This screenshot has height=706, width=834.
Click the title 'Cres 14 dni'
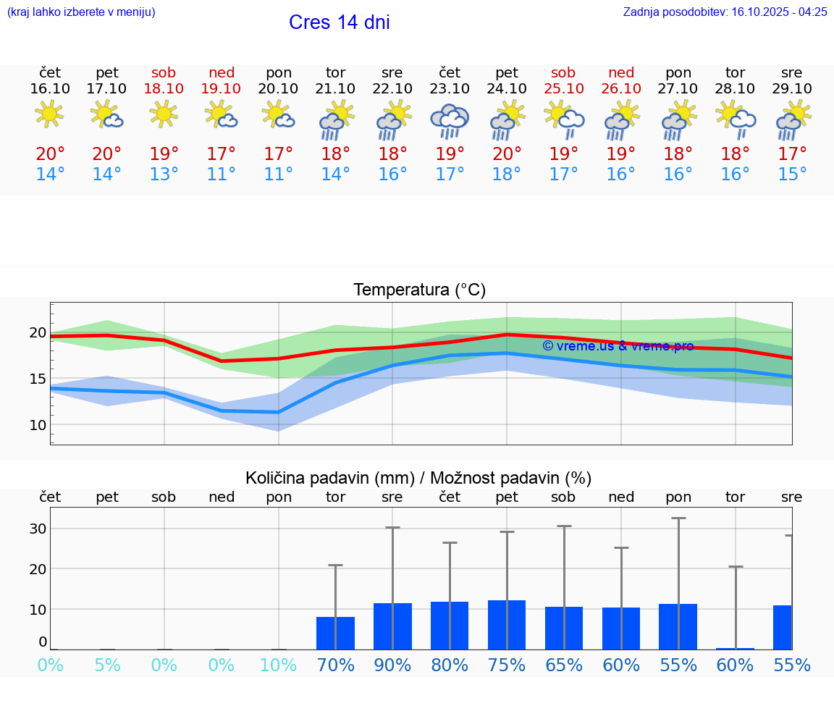(x=339, y=22)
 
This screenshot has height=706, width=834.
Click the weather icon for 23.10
(x=450, y=120)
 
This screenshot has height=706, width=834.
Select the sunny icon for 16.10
(x=49, y=114)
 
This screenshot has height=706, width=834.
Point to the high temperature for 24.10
(x=507, y=154)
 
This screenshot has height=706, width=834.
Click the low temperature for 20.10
(x=279, y=175)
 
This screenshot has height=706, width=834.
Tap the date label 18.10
(x=164, y=88)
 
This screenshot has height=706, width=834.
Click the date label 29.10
(x=792, y=88)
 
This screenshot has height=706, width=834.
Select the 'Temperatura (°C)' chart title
(x=419, y=290)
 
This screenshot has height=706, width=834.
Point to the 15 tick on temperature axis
(x=38, y=379)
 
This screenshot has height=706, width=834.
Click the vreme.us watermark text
(x=618, y=346)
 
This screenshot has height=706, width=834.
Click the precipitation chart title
(x=418, y=478)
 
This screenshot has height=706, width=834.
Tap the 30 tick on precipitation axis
(x=38, y=529)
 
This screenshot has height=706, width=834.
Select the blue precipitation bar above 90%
(x=392, y=626)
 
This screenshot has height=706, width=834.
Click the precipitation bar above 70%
(x=335, y=633)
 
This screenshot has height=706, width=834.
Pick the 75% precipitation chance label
(x=507, y=665)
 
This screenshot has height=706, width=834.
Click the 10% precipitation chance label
(x=279, y=665)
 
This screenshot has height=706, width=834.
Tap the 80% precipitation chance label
(x=450, y=665)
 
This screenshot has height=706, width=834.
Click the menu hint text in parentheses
(x=81, y=12)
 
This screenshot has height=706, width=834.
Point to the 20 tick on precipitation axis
(x=38, y=569)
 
